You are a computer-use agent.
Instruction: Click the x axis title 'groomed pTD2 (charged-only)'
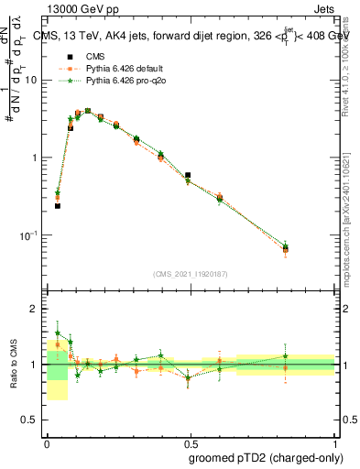click(266, 457)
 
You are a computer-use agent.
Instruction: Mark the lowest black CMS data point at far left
click(58, 206)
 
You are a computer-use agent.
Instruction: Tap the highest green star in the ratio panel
click(58, 333)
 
